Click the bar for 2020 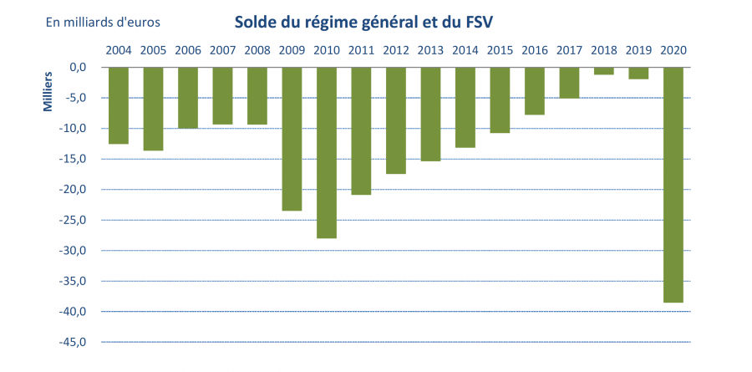[673, 184]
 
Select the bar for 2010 [326, 152]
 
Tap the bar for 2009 [292, 138]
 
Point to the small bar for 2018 [603, 71]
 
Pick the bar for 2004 [119, 105]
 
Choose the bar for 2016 [534, 90]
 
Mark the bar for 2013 [430, 114]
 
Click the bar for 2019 [638, 73]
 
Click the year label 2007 [222, 49]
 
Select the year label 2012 [395, 49]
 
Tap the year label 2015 [500, 49]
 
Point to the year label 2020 [673, 49]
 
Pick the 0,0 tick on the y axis [80, 67]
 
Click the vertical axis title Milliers [48, 92]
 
